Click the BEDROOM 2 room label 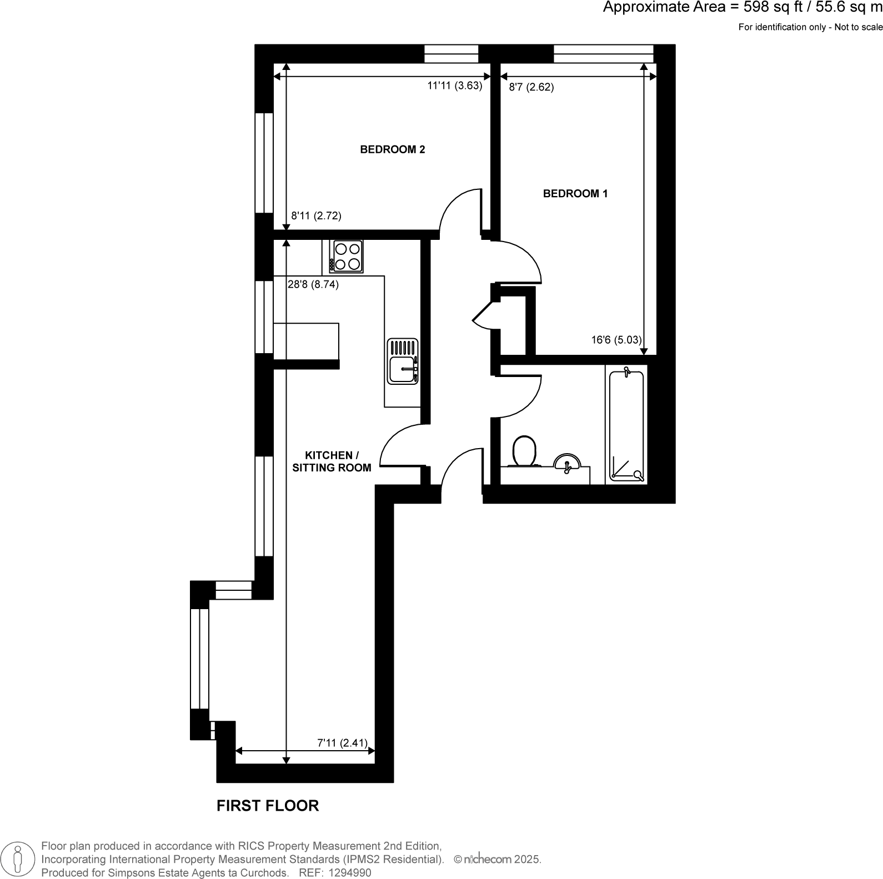tap(392, 149)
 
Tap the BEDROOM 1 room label tap(575, 194)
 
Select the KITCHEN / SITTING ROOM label tap(332, 461)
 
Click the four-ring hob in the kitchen tap(347, 256)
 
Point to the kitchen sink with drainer tap(403, 361)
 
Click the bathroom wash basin tap(566, 463)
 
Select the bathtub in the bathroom tap(626, 425)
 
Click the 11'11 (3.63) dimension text tap(454, 86)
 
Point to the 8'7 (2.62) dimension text tap(531, 87)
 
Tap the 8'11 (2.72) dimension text tap(316, 216)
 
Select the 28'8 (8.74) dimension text tap(313, 284)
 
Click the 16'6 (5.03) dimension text tap(616, 340)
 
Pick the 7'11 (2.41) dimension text tap(342, 743)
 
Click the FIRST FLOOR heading tap(268, 806)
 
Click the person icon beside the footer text tap(18, 860)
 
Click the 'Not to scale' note tap(859, 27)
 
